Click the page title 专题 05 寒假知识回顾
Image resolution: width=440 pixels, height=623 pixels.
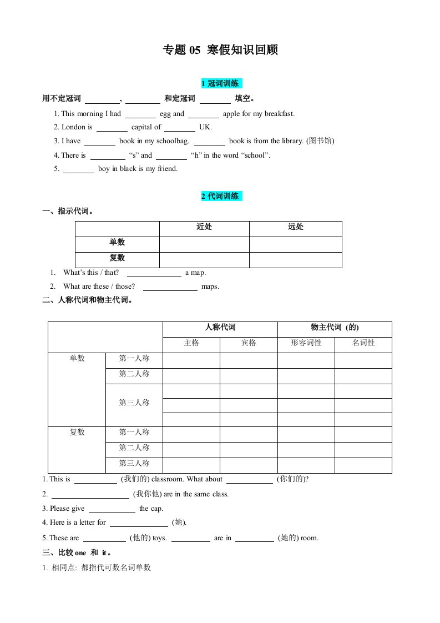pos(220,50)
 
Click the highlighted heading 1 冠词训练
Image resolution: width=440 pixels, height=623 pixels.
pos(220,84)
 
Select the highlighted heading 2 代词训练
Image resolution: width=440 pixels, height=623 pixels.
pos(220,196)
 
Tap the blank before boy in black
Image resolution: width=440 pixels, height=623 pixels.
pos(78,169)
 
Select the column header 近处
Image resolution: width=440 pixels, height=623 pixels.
pos(204,227)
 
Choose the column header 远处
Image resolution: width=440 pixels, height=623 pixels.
pos(296,227)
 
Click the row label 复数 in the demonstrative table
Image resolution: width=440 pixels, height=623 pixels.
pos(117,258)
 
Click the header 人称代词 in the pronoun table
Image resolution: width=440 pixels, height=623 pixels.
pos(220,328)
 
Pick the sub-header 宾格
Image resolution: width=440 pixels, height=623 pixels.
pos(249,343)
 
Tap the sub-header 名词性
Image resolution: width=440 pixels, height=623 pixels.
pos(363,343)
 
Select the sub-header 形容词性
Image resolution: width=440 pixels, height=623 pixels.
pos(306,343)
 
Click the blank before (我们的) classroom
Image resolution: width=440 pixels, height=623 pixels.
pos(95,479)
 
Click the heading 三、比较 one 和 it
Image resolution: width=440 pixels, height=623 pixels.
pos(78,553)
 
